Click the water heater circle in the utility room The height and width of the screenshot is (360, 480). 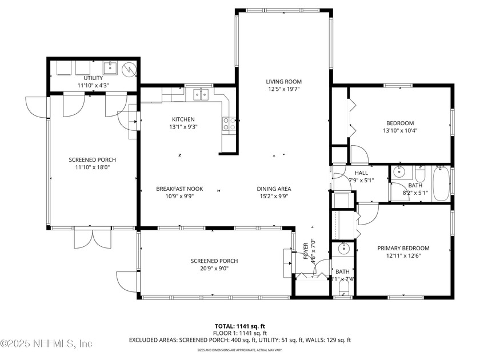point(130,70)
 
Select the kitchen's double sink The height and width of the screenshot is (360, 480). point(200,94)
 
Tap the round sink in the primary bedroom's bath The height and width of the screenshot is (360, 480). point(343,249)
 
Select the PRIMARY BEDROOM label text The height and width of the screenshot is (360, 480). point(403,248)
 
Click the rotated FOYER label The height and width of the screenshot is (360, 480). point(305,249)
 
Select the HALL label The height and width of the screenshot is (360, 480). point(361,173)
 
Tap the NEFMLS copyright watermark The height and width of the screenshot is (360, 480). point(47,344)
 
